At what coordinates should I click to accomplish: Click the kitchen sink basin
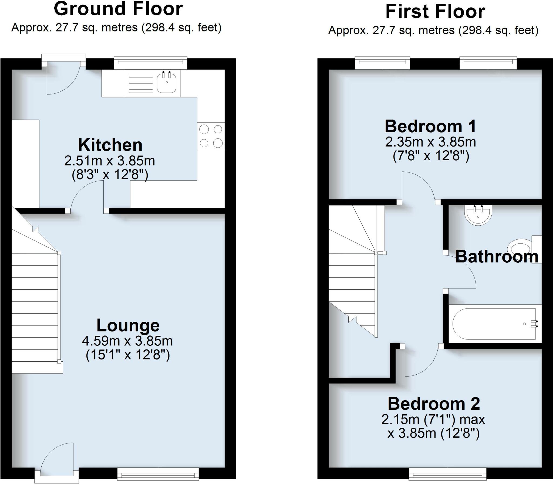166,82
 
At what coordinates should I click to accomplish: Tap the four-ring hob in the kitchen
211,136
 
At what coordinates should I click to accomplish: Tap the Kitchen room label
110,145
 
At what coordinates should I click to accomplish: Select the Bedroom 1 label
430,126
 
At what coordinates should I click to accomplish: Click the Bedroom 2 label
434,404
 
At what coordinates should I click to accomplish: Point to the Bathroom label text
497,256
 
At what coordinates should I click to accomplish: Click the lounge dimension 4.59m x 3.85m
127,341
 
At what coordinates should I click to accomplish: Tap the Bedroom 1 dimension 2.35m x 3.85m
430,142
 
